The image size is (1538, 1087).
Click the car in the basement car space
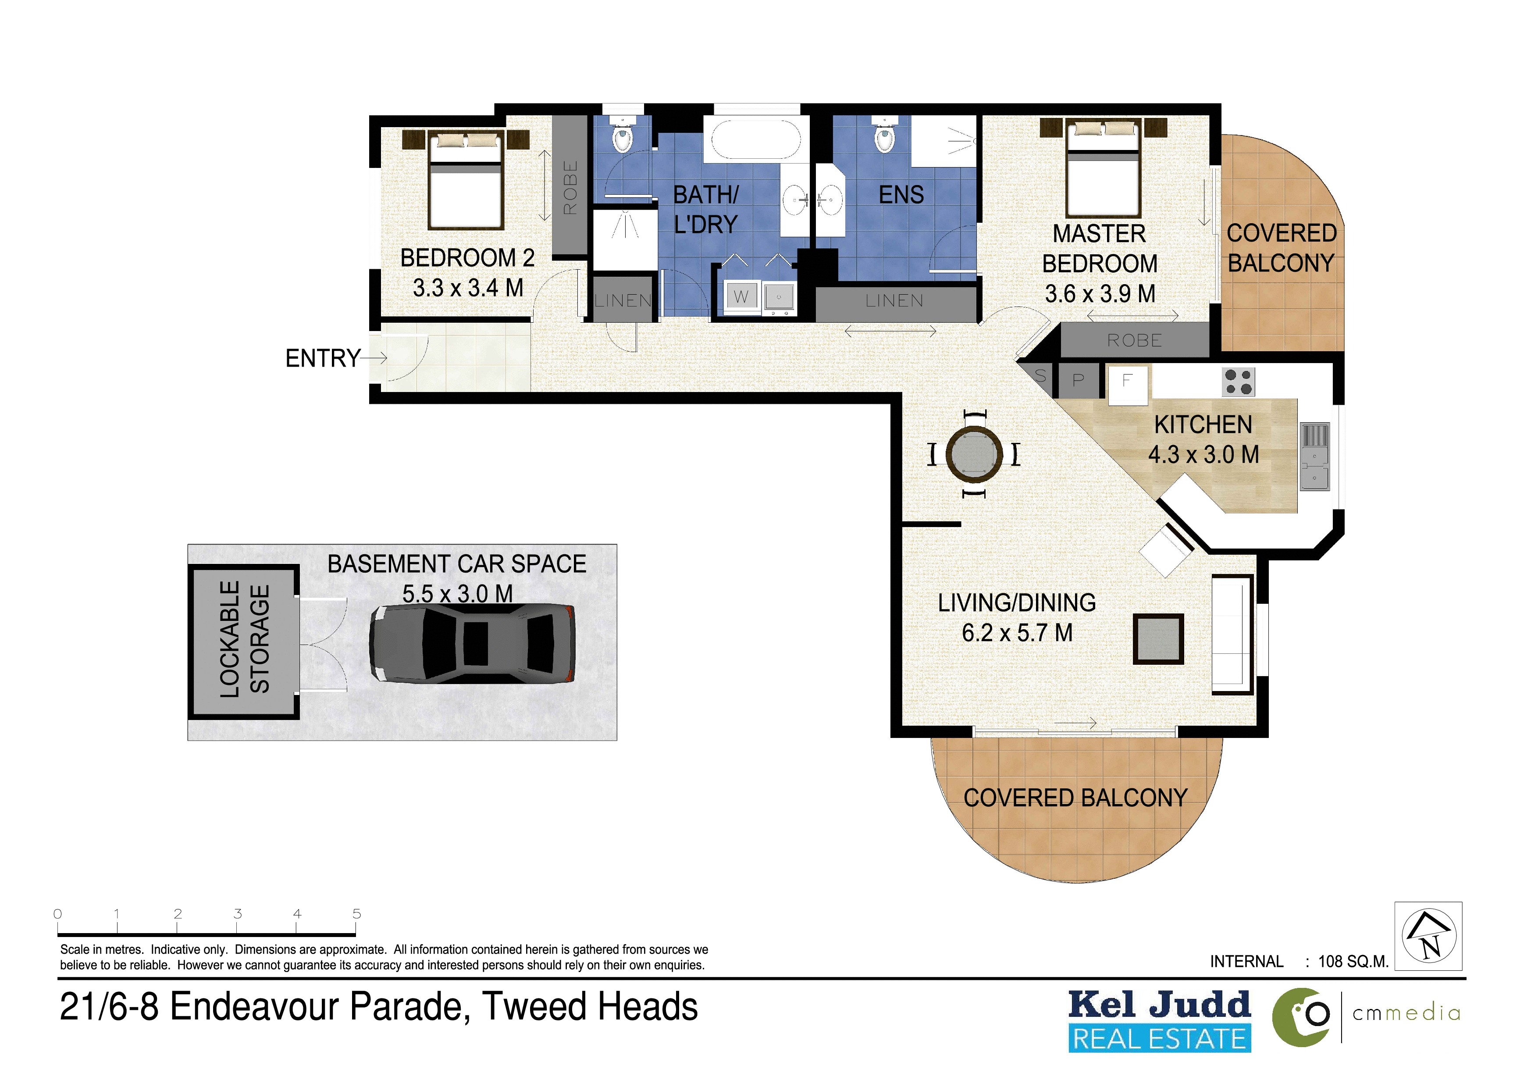coord(472,644)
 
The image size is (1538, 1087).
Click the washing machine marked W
coord(741,297)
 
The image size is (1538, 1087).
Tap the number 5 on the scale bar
coord(357,913)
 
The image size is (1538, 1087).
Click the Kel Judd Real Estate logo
coord(1160,1021)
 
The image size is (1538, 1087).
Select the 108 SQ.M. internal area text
coord(1353,962)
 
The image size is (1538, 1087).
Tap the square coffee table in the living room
coord(1158,639)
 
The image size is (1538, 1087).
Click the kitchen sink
coord(1315,456)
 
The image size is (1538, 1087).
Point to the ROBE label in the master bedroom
coord(1135,340)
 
